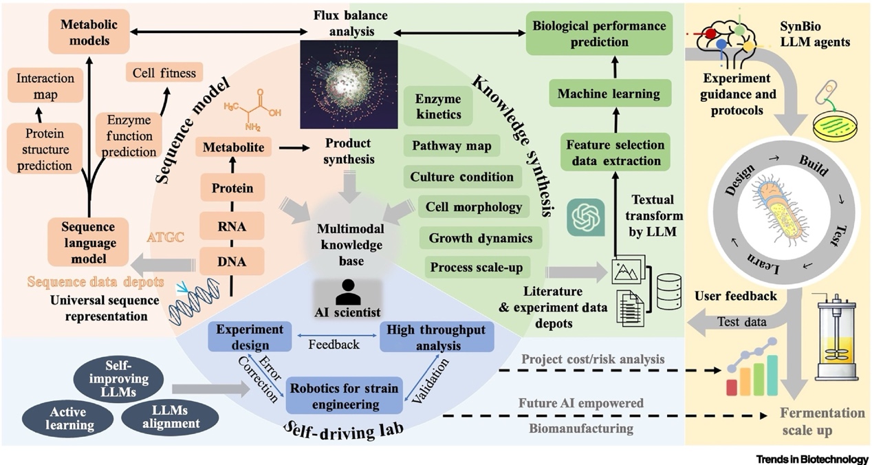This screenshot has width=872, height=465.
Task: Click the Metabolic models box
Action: (x=85, y=31)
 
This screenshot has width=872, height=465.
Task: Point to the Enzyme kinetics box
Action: (x=439, y=107)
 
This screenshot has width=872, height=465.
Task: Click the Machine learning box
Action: (x=609, y=94)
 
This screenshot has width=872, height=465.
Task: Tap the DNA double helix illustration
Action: (x=188, y=303)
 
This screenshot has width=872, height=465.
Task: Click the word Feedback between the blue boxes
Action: (x=333, y=344)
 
